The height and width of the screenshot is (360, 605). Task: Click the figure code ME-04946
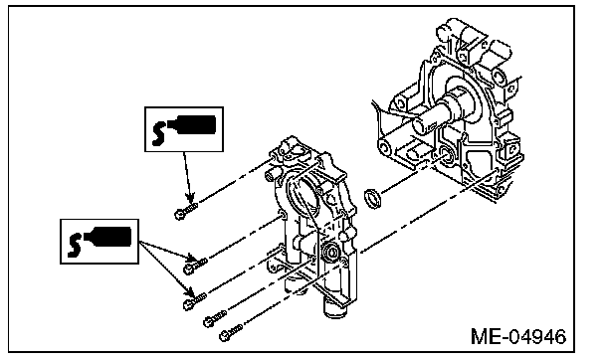(518, 336)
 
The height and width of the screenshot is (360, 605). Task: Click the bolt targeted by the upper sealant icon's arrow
(186, 210)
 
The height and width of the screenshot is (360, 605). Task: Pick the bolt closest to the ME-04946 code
(230, 332)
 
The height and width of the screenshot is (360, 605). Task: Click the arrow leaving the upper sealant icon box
(187, 177)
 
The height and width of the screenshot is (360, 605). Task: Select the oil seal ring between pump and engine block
(373, 198)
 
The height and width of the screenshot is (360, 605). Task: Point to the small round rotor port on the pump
(331, 253)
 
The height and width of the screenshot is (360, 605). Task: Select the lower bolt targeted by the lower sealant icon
(194, 300)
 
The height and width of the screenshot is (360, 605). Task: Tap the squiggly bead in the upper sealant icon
(158, 133)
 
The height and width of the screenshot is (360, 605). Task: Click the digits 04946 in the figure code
(536, 336)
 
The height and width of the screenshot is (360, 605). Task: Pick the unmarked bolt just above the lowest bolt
(215, 319)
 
